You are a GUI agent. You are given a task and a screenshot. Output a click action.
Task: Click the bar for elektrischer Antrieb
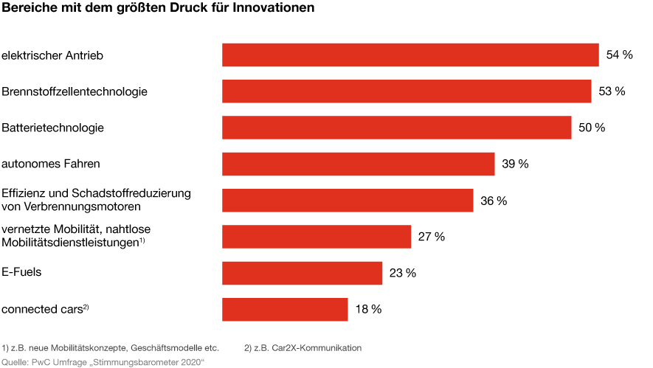[x=410, y=55]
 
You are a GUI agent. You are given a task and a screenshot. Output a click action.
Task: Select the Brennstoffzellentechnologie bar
[x=407, y=91]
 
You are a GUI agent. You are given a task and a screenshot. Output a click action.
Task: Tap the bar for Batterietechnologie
[x=397, y=128]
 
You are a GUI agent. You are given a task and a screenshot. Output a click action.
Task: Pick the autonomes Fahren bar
[x=358, y=164]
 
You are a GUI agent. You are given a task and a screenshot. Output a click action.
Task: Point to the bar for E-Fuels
[x=302, y=273]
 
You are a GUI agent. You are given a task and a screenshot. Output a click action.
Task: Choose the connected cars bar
[x=285, y=309]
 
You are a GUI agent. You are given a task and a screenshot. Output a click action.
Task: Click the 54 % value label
[x=619, y=55]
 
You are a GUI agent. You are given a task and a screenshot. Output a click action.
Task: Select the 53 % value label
[x=612, y=91]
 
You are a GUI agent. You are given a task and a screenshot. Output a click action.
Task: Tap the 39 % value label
[x=515, y=164]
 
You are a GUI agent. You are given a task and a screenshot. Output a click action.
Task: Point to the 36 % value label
[x=494, y=201]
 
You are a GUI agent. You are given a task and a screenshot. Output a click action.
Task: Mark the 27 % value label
[x=432, y=237]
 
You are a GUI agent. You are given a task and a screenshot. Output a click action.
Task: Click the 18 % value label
[x=368, y=309]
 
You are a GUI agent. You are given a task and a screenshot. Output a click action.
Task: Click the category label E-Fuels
[x=21, y=272]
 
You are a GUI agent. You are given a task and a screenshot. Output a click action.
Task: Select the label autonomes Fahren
[x=51, y=164]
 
